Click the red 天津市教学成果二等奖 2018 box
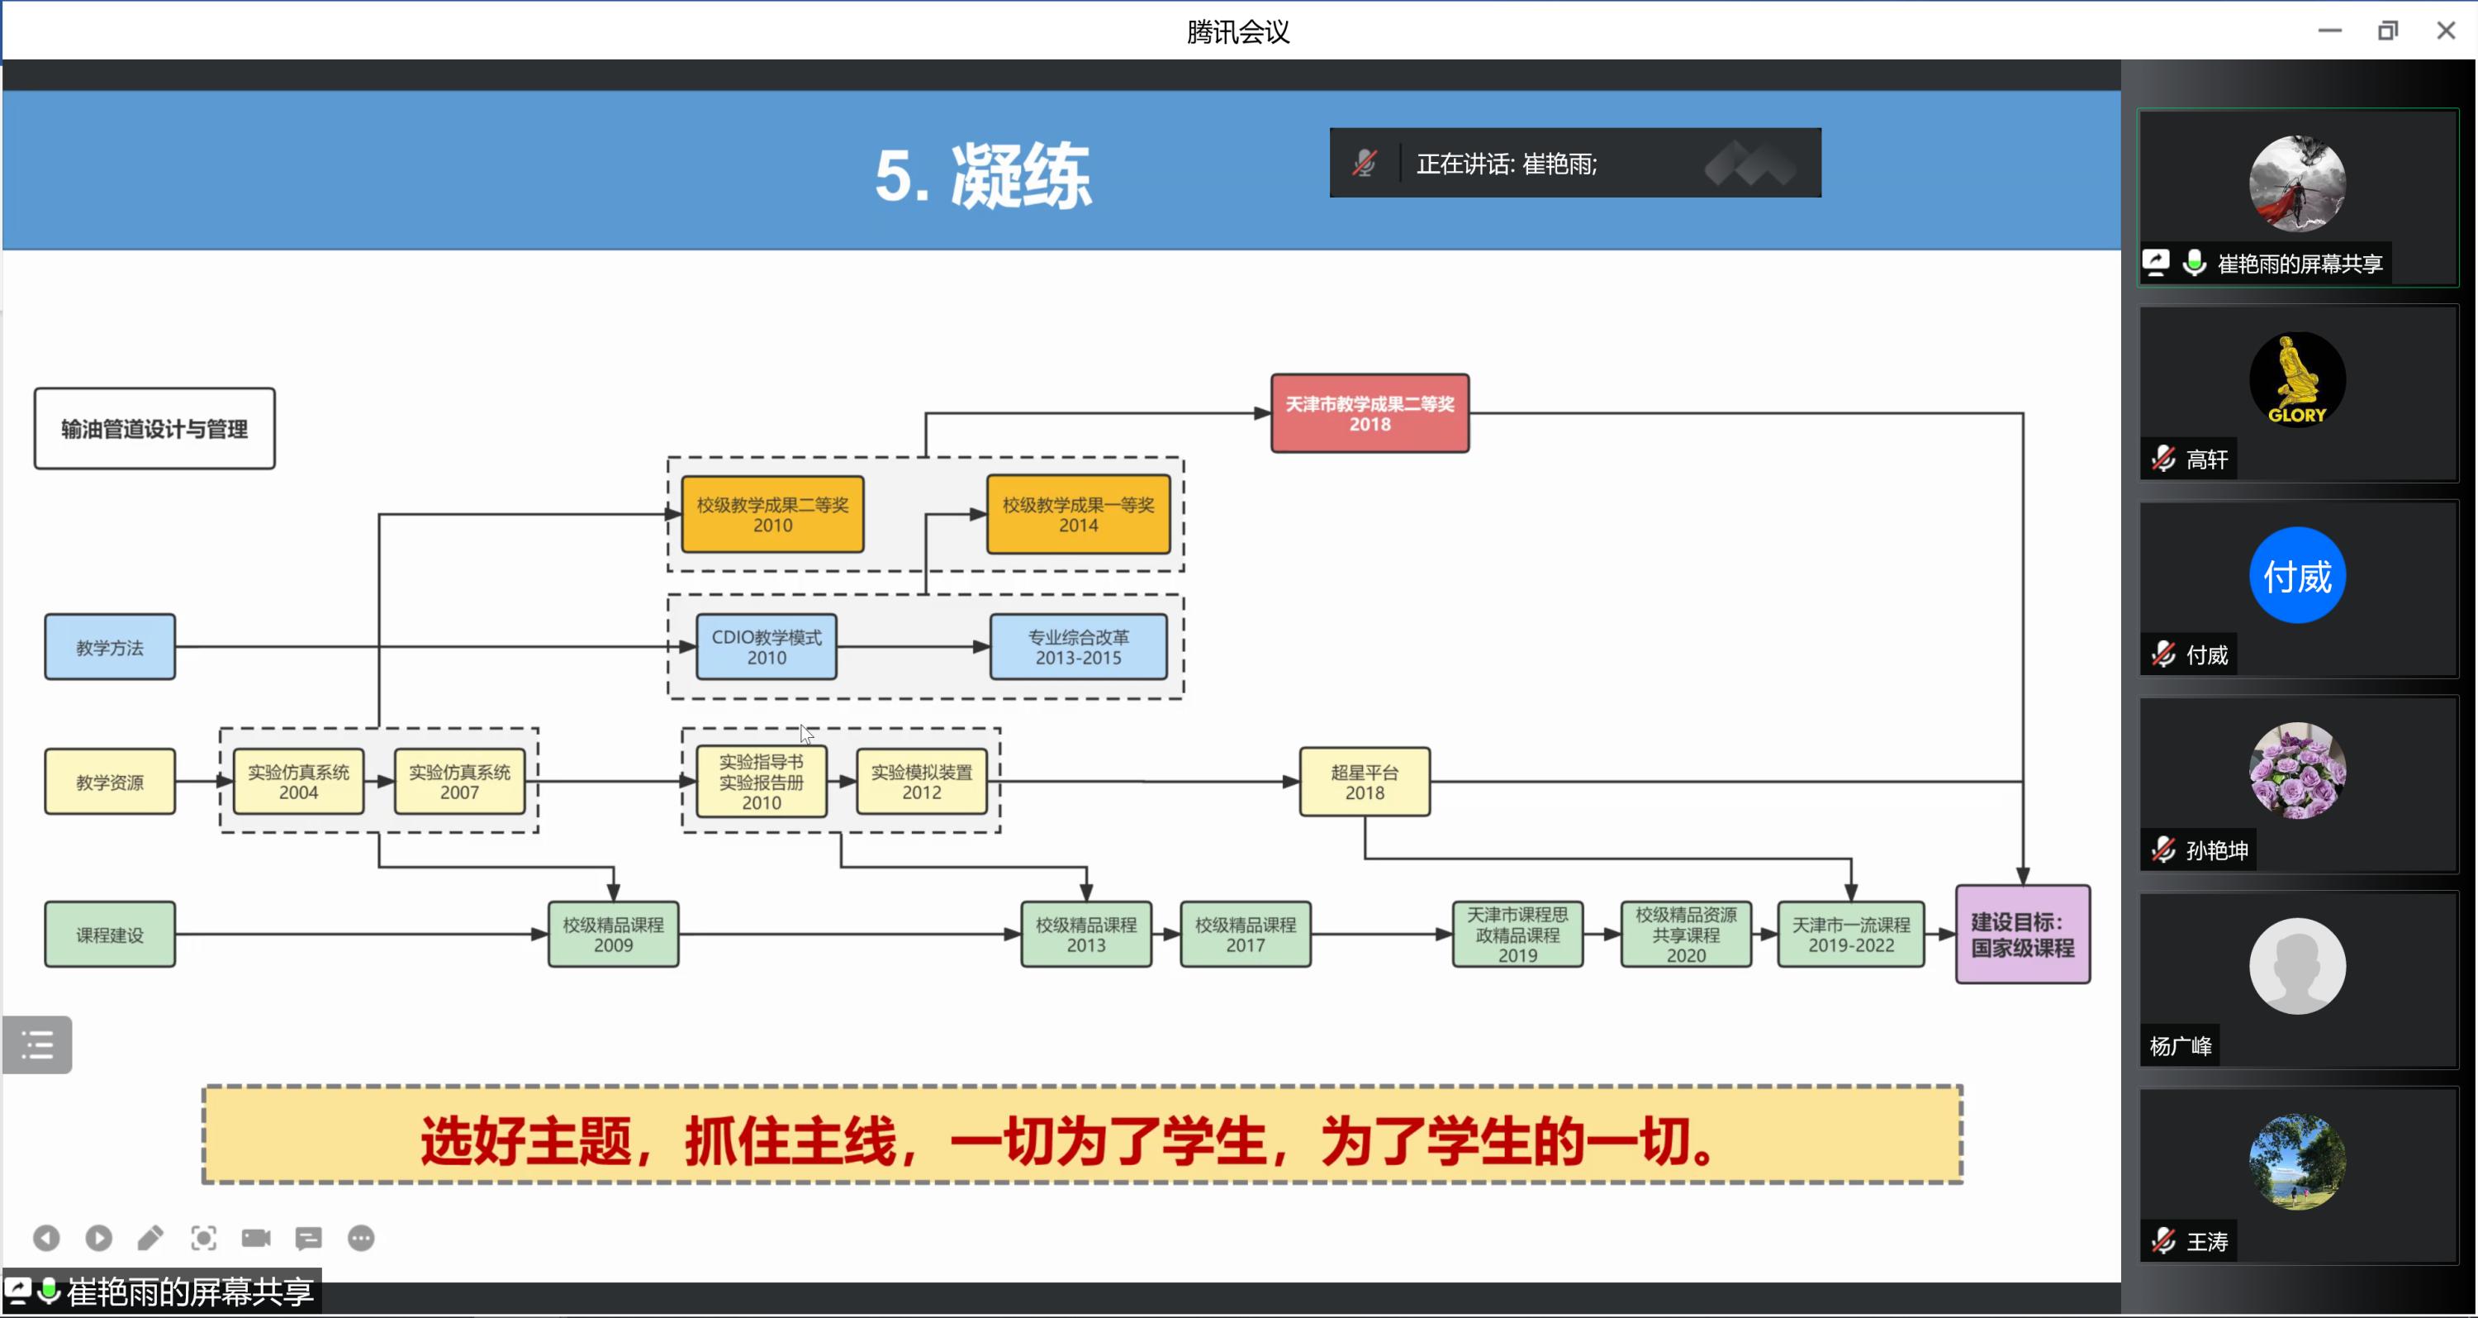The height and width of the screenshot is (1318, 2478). pos(1369,414)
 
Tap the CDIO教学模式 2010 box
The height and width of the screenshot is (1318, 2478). pos(766,646)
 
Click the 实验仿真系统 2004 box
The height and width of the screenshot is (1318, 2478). pos(298,781)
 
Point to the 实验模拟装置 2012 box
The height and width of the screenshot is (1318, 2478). pos(921,781)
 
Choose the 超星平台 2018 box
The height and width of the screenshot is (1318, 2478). pos(1364,781)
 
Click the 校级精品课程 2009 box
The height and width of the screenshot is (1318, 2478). pos(613,934)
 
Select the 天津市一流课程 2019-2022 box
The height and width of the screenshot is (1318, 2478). pos(1850,934)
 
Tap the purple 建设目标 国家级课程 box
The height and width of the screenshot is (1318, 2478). pos(2022,934)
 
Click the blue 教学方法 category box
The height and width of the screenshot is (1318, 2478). pos(110,646)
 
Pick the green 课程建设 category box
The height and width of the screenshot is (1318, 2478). pos(110,934)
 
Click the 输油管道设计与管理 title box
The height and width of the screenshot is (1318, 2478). pos(154,429)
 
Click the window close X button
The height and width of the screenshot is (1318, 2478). pos(2445,31)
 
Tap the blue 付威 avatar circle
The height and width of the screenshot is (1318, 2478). pos(2296,575)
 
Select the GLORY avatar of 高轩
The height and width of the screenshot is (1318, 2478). pos(2296,379)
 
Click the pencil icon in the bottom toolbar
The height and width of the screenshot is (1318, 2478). pos(150,1238)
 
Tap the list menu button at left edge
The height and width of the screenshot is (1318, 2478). pos(37,1044)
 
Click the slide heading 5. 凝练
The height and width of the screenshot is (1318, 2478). pos(982,175)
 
